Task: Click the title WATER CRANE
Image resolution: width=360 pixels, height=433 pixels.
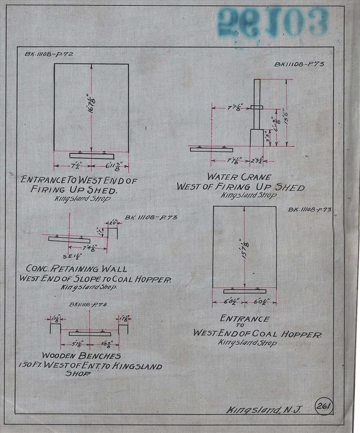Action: (239, 177)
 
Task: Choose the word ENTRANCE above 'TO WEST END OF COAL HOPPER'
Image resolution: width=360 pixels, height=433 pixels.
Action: (244, 319)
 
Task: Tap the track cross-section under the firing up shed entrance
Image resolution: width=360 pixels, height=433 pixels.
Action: (91, 155)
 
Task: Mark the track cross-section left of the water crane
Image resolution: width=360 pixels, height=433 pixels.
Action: (211, 149)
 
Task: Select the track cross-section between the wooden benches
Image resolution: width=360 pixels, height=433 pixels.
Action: (90, 333)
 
